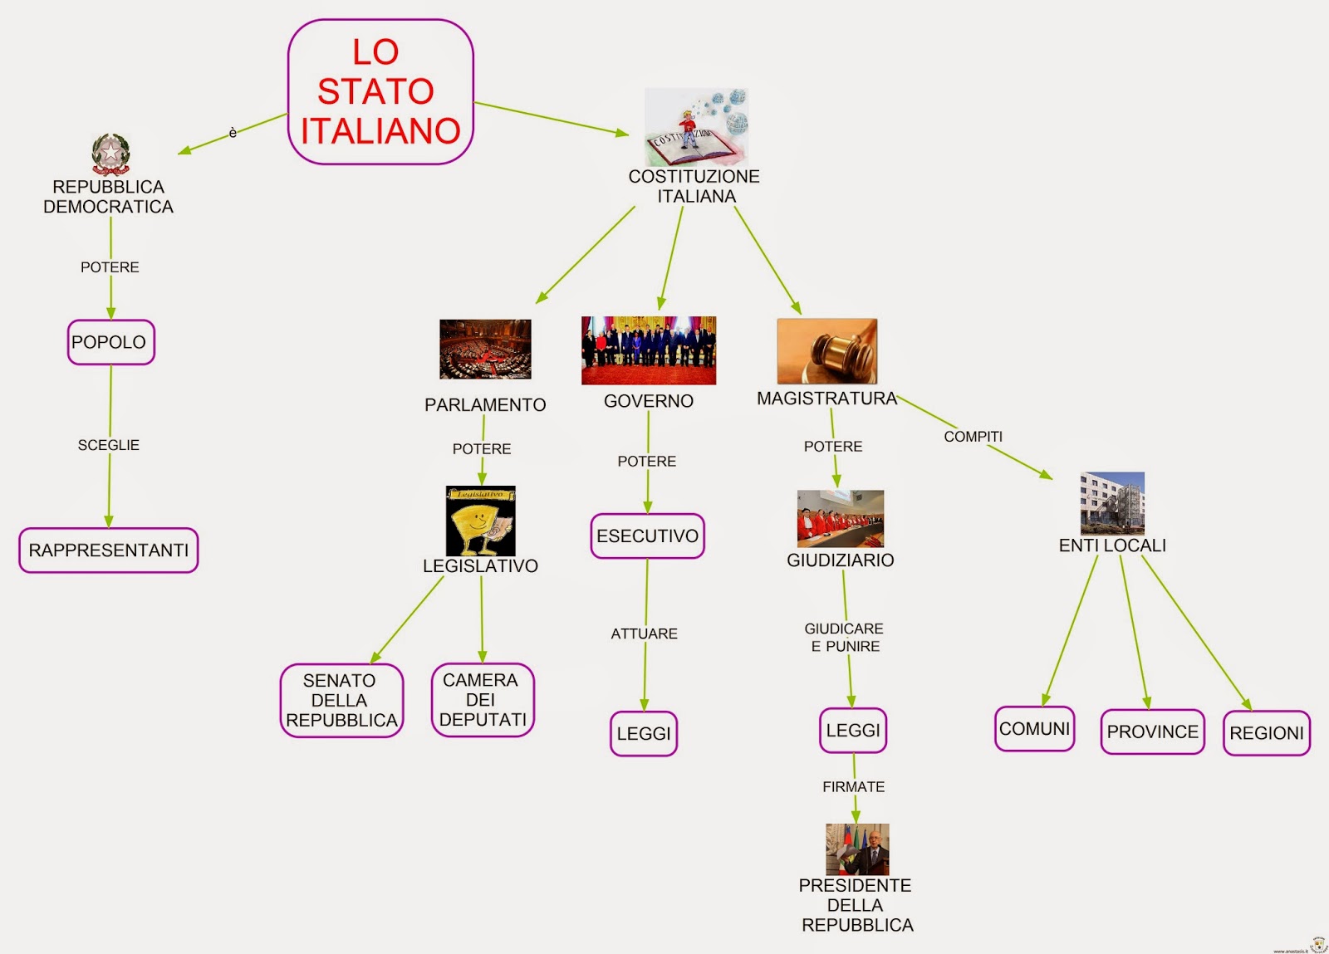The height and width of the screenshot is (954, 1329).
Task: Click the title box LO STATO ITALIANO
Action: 380,91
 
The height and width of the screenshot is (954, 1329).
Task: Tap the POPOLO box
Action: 110,342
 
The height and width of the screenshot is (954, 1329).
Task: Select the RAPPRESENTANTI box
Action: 109,550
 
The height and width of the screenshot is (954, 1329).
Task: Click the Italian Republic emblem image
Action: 110,154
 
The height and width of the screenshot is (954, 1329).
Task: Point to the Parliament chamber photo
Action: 485,349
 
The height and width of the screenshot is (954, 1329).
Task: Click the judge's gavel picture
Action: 826,351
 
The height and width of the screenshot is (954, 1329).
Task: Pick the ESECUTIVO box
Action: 647,536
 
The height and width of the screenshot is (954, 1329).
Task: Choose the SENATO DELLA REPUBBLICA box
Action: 341,700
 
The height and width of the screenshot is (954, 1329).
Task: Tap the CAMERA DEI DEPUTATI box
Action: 483,700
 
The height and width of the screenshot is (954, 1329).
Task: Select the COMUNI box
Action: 1034,728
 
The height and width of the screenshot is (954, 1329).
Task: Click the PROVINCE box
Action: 1152,731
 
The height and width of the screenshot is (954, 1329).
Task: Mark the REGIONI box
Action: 1266,733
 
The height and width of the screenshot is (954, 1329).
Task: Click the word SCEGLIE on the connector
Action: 109,445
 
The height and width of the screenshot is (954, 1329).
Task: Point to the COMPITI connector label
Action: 973,437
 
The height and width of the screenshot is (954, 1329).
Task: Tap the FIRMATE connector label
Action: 853,786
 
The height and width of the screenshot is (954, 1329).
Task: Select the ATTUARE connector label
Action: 644,634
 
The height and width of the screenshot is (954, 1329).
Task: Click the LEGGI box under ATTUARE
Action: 644,733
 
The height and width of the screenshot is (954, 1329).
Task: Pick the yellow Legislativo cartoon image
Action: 480,521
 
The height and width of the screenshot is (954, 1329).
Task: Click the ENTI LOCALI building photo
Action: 1112,503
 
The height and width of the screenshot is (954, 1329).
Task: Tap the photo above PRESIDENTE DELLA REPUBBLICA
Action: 857,849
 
